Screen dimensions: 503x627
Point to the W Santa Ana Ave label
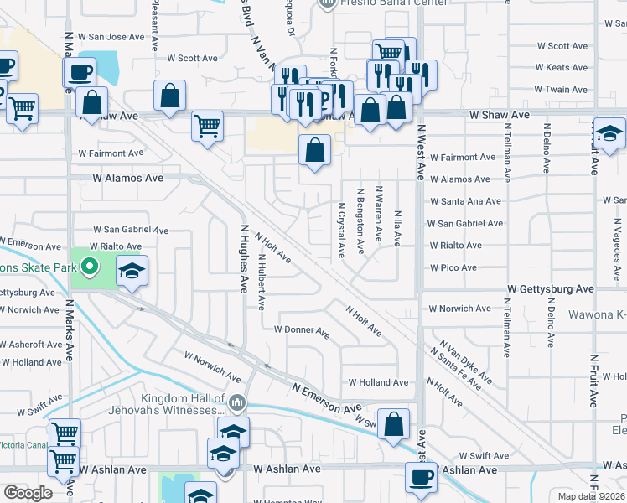point(465,201)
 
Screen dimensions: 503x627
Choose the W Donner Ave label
point(302,330)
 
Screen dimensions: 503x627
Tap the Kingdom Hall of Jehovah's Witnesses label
point(168,405)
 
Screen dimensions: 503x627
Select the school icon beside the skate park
point(132,271)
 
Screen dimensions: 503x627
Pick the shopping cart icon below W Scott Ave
point(209,127)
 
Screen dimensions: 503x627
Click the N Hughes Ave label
point(244,258)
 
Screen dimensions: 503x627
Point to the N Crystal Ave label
point(341,229)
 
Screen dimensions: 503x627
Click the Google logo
point(28,493)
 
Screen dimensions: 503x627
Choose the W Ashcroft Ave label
point(31,345)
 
